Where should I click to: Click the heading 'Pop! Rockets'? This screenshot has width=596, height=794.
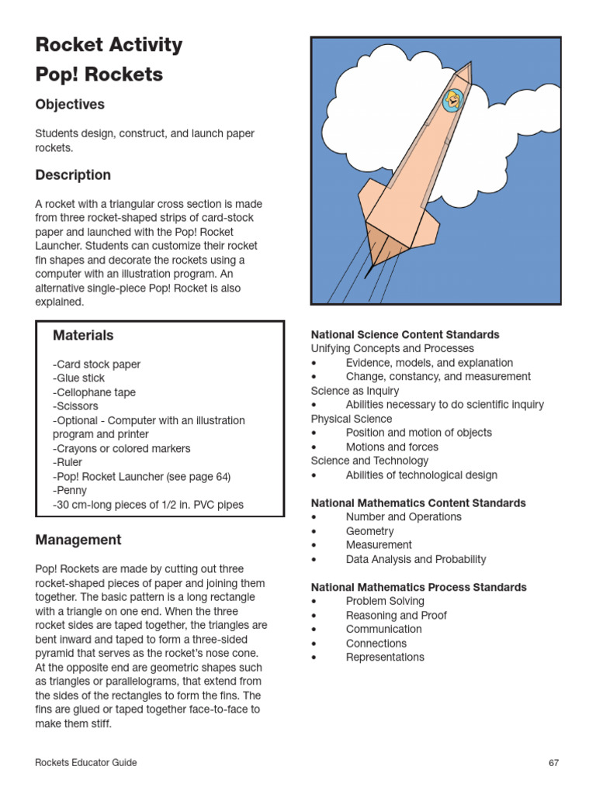99,74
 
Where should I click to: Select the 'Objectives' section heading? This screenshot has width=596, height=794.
70,104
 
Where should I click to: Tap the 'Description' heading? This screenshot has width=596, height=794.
73,175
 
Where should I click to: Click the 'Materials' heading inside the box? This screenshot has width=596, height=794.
83,335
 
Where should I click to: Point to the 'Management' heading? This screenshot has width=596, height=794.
78,540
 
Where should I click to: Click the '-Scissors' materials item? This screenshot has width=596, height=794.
76,406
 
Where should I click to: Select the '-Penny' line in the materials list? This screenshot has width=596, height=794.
70,491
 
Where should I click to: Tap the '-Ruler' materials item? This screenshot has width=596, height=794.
69,463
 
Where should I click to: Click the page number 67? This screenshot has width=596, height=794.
553,763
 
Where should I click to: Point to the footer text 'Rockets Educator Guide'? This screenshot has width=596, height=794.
86,763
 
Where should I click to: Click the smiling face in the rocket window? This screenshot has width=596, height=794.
451,99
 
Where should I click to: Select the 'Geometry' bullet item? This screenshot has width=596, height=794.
369,531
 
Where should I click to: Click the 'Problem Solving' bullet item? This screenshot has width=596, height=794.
385,601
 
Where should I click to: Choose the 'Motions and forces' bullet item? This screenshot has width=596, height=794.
392,447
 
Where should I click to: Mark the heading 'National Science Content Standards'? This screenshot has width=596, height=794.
405,334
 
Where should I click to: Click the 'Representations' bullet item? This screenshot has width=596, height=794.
385,658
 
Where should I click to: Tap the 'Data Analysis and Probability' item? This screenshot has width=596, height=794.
416,559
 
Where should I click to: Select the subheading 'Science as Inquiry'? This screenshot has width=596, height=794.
355,391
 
